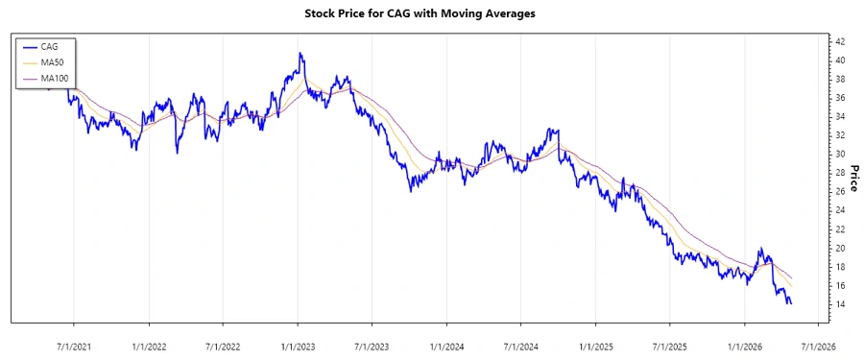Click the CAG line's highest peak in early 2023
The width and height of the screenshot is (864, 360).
(x=300, y=54)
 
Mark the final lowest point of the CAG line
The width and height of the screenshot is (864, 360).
(x=790, y=303)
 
